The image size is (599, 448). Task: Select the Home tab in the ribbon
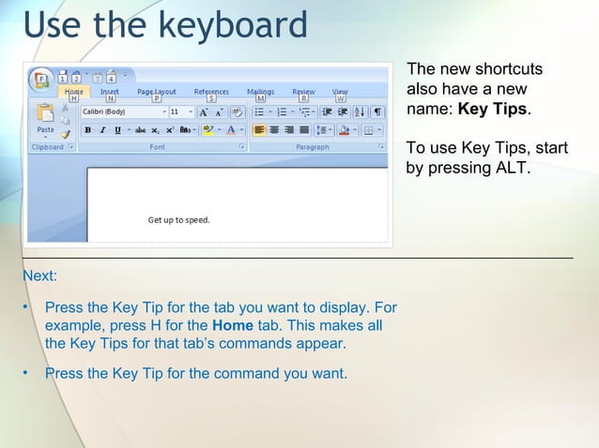point(73,92)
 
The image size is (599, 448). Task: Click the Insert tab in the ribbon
point(110,92)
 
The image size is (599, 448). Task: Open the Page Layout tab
point(157,92)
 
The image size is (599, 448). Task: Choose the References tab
point(211,92)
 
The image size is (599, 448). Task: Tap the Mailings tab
point(260,92)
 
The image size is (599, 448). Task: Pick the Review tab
point(303,92)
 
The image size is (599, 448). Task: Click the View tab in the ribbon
point(340,92)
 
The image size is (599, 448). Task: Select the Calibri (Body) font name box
point(120,112)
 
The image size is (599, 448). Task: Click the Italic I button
point(102,130)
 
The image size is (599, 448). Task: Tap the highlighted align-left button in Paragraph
point(259,130)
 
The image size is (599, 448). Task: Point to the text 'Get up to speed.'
point(178,220)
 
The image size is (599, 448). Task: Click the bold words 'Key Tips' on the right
point(492,110)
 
